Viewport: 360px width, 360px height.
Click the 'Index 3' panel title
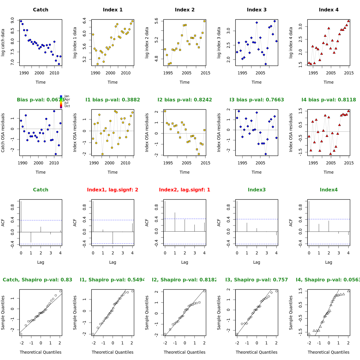pyautogui.click(x=256, y=10)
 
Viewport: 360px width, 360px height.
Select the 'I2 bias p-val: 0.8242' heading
pyautogui.click(x=184, y=100)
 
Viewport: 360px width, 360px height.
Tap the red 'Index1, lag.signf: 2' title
pyautogui.click(x=112, y=190)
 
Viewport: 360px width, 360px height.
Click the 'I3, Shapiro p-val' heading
pyautogui.click(x=256, y=280)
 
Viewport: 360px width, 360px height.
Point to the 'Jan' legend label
pyautogui.click(x=67, y=96)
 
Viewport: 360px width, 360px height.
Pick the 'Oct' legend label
pyautogui.click(x=67, y=106)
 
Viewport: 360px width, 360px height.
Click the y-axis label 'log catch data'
pyautogui.click(x=3, y=42)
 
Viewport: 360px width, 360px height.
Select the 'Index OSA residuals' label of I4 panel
pyautogui.click(x=291, y=132)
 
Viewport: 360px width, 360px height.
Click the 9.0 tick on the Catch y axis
pyautogui.click(x=12, y=20)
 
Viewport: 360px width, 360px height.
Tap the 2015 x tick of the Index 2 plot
pyautogui.click(x=205, y=73)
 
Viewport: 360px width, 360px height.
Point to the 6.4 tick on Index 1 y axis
pyautogui.click(x=84, y=21)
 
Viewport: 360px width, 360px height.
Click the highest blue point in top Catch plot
pyautogui.click(x=21, y=21)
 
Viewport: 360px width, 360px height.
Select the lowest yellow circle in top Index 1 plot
pyautogui.click(x=97, y=64)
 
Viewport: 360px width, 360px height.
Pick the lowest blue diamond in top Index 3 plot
pyautogui.click(x=265, y=64)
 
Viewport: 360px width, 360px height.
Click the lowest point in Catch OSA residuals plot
pyautogui.click(x=55, y=154)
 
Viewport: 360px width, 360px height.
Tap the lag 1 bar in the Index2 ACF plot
pyautogui.click(x=175, y=222)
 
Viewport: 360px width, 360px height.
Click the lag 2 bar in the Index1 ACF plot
pyautogui.click(x=113, y=237)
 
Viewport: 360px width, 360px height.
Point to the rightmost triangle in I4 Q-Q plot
pyautogui.click(x=348, y=291)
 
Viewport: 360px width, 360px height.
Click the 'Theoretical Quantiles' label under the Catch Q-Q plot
pyautogui.click(x=40, y=352)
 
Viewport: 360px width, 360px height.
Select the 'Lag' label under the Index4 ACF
pyautogui.click(x=328, y=262)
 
